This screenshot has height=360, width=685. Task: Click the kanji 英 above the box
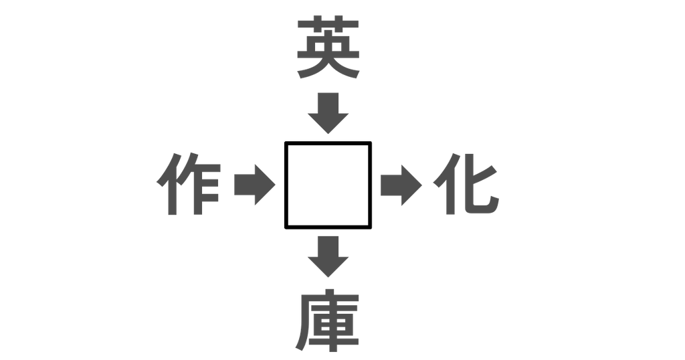tap(328, 48)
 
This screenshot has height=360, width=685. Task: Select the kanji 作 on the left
tap(189, 184)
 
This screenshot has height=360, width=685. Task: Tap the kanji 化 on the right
tap(466, 184)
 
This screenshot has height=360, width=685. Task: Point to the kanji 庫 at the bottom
tap(328, 321)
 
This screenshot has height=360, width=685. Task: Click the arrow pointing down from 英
tap(328, 112)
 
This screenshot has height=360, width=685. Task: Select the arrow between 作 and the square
tap(255, 185)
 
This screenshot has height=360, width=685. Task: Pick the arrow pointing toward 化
tap(401, 185)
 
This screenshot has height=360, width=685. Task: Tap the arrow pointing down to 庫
tap(328, 256)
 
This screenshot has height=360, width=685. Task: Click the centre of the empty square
tap(328, 185)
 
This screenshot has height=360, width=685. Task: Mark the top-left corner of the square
tap(286, 143)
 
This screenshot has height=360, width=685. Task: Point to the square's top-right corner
tap(371, 143)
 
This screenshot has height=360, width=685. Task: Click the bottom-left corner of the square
tap(286, 228)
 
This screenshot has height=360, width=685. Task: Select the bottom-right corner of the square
tap(371, 228)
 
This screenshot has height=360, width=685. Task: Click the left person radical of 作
tap(168, 184)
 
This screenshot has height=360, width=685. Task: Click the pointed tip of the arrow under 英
tap(328, 133)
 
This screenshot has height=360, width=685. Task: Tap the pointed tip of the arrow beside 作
tap(275, 185)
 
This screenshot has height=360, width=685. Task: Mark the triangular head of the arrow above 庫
tap(328, 266)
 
